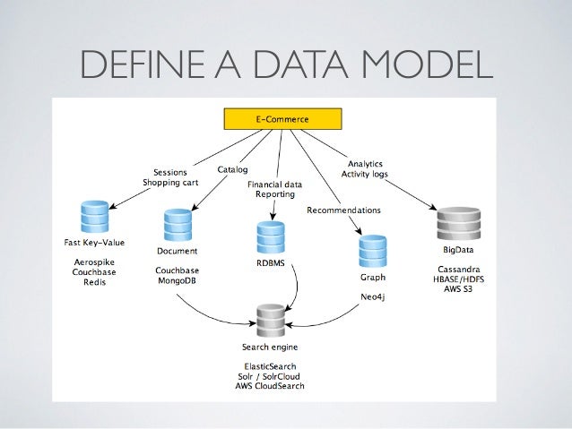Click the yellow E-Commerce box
click(x=280, y=118)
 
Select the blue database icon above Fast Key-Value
click(x=92, y=216)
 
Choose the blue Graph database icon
click(x=372, y=252)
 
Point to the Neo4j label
click(x=372, y=294)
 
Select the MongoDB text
click(x=177, y=281)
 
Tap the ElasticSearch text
click(x=270, y=367)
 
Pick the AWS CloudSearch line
click(x=270, y=388)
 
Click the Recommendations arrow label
click(x=343, y=210)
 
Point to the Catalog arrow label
click(x=233, y=168)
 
